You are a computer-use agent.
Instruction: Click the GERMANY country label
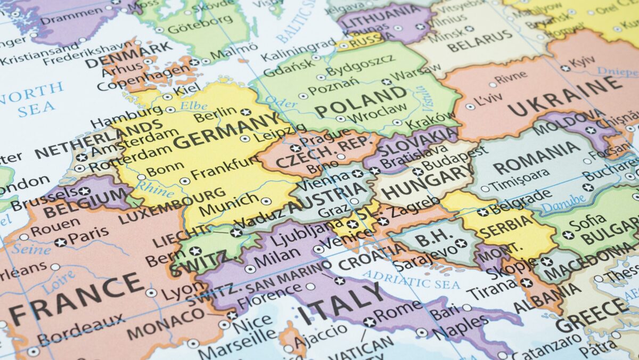[226, 133]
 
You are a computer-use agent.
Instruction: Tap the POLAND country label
[361, 101]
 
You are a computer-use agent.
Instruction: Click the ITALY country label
[341, 304]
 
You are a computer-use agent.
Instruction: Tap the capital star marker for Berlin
[245, 112]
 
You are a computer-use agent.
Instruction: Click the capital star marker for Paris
[61, 242]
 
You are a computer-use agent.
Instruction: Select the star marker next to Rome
[369, 322]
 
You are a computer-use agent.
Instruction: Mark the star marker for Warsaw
[386, 82]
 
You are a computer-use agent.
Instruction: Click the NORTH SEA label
[32, 100]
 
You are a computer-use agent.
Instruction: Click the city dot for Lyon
[151, 292]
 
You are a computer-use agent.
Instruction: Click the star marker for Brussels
[84, 191]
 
